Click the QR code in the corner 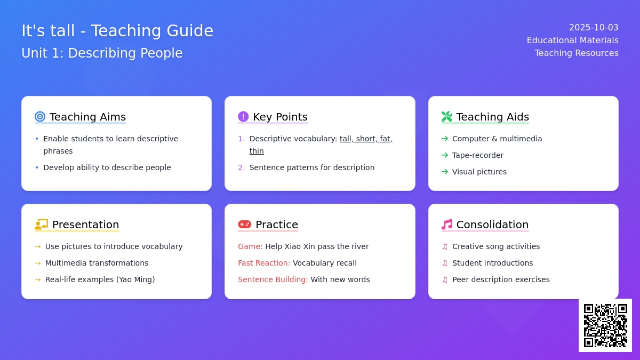pyautogui.click(x=605, y=325)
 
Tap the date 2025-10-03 pyautogui.click(x=594, y=27)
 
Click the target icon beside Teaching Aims pyautogui.click(x=40, y=117)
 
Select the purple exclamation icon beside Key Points pyautogui.click(x=243, y=117)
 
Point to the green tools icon pyautogui.click(x=447, y=117)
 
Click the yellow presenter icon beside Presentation pyautogui.click(x=42, y=225)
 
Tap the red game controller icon pyautogui.click(x=245, y=225)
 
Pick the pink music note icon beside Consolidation pyautogui.click(x=447, y=225)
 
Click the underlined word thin pyautogui.click(x=257, y=151)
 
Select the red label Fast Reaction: pyautogui.click(x=264, y=263)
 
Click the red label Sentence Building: pyautogui.click(x=273, y=279)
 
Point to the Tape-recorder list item pyautogui.click(x=478, y=155)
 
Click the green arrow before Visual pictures pyautogui.click(x=445, y=172)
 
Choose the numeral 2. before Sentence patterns pyautogui.click(x=242, y=167)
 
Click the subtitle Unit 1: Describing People pyautogui.click(x=102, y=53)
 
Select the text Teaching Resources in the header pyautogui.click(x=577, y=53)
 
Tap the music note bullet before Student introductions pyautogui.click(x=445, y=263)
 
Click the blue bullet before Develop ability pyautogui.click(x=37, y=167)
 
